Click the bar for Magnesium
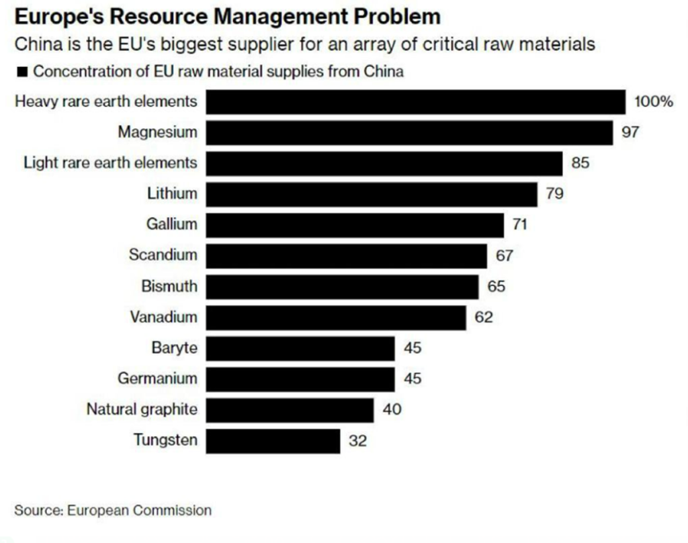click(x=409, y=132)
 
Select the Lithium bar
click(x=372, y=194)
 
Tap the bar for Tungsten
click(x=273, y=441)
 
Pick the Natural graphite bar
click(x=290, y=409)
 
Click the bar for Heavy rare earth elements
click(x=416, y=102)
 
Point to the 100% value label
click(x=652, y=102)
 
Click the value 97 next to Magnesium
click(x=630, y=132)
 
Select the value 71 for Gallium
click(x=519, y=225)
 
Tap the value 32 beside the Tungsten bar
click(x=357, y=441)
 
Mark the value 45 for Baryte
click(x=412, y=348)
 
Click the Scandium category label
click(x=164, y=255)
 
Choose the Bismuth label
click(x=169, y=287)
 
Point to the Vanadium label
click(x=164, y=317)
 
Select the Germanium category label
click(x=157, y=379)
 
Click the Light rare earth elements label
click(x=110, y=162)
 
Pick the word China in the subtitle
click(x=38, y=45)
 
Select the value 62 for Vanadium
click(x=483, y=317)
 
